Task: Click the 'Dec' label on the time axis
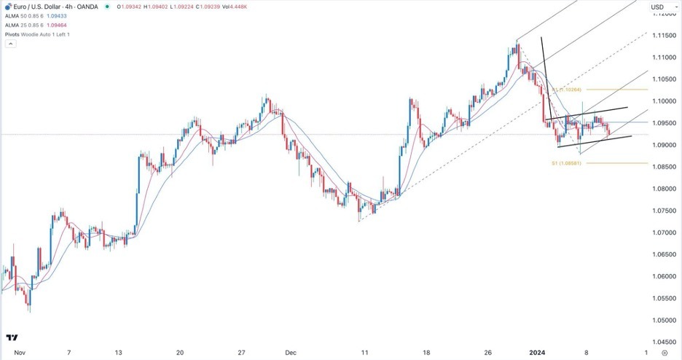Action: point(291,352)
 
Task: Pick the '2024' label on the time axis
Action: point(536,352)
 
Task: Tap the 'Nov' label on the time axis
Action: point(19,352)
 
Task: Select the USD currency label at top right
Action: point(658,7)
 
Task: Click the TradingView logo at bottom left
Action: point(12,337)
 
